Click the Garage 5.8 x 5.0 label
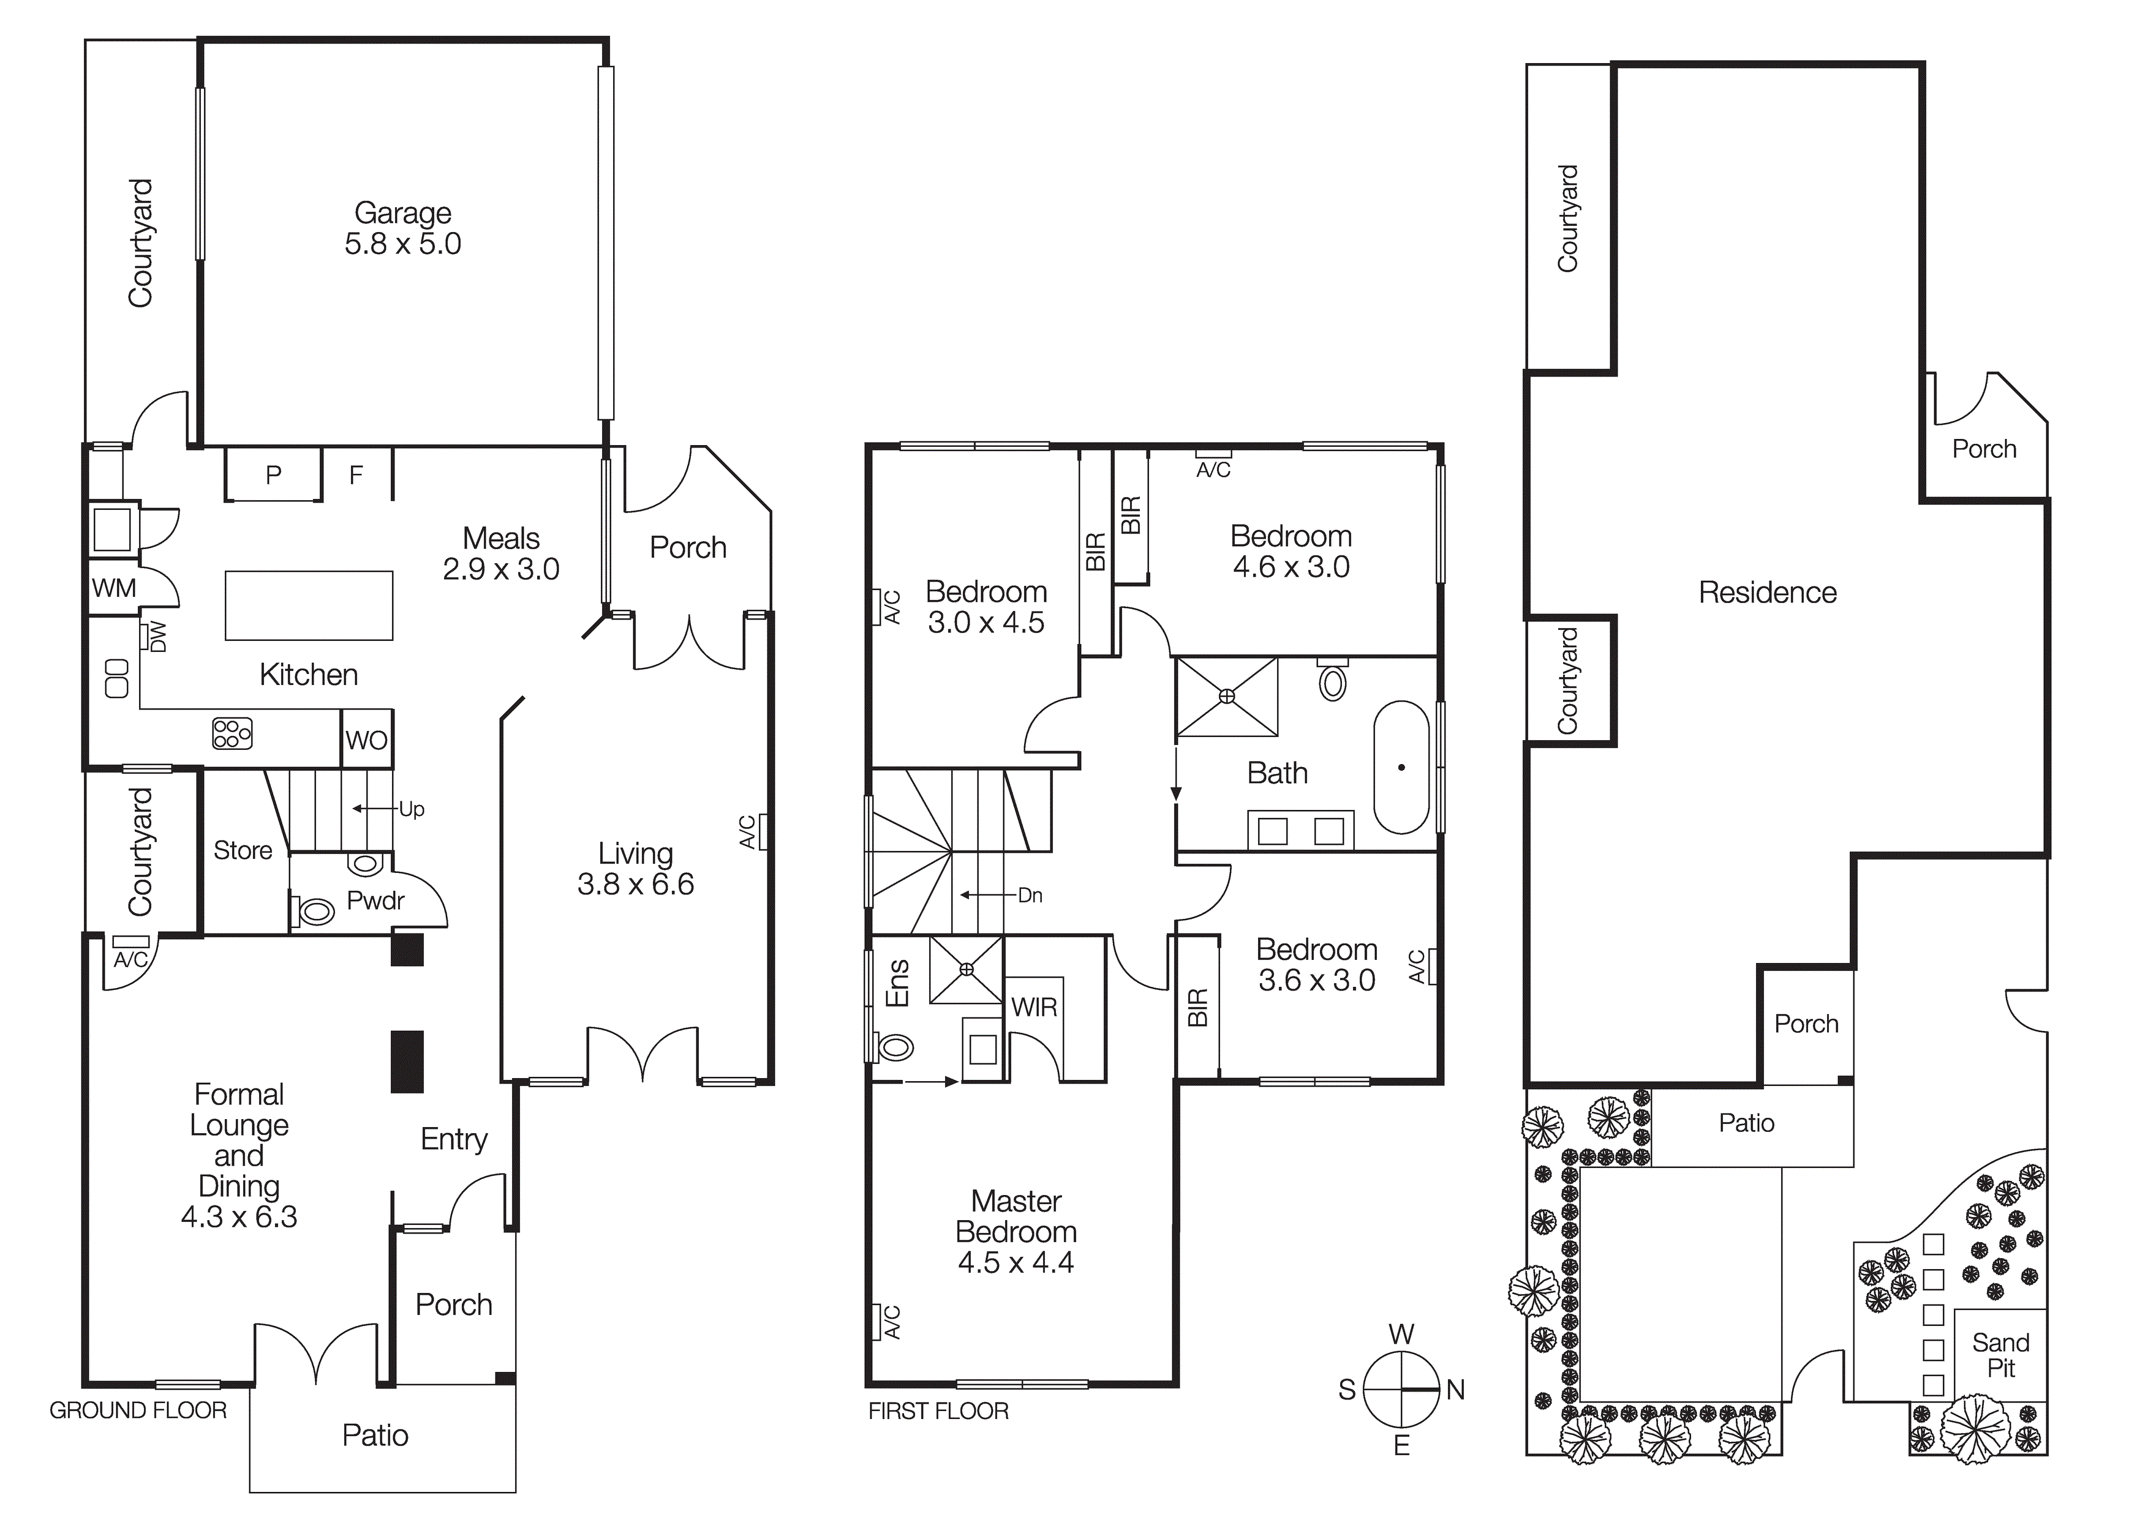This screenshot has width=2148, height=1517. (x=402, y=228)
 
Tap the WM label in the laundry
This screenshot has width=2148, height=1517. (x=114, y=588)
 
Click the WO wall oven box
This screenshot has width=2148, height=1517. (x=366, y=740)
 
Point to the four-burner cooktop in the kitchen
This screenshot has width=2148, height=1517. (x=232, y=733)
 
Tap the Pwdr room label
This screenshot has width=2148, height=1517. (x=375, y=901)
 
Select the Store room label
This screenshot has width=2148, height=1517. (x=243, y=850)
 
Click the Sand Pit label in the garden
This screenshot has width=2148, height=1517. (x=2000, y=1355)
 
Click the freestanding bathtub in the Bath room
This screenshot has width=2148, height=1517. (x=1401, y=767)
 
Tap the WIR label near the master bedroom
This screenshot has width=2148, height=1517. (x=1034, y=1007)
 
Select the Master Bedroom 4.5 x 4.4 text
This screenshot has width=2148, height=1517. (x=1016, y=1232)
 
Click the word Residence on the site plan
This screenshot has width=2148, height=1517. (x=1767, y=592)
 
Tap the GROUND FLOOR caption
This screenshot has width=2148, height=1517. (x=138, y=1410)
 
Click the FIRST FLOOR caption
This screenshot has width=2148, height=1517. (x=938, y=1411)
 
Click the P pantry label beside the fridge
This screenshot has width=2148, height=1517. (x=273, y=475)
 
